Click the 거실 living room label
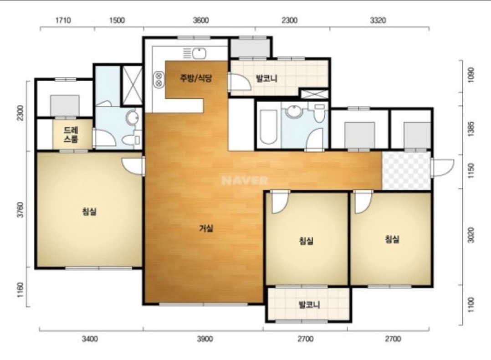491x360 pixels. (x=206, y=228)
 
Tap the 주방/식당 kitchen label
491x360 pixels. (x=196, y=77)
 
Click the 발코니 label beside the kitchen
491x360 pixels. (x=266, y=78)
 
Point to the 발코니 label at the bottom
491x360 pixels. (x=309, y=304)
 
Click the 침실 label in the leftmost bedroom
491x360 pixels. (x=89, y=211)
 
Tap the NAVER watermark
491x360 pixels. (x=245, y=180)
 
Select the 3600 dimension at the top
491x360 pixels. (x=201, y=21)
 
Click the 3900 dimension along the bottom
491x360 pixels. (x=205, y=339)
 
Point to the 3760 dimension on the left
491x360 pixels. (x=20, y=210)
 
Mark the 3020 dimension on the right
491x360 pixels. (x=471, y=235)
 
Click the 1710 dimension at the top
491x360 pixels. (x=63, y=21)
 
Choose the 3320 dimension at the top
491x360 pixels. (x=378, y=21)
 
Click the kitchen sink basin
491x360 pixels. (x=199, y=53)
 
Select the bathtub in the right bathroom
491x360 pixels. (x=269, y=127)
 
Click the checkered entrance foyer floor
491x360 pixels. (x=406, y=171)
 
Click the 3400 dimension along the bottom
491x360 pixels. (x=90, y=339)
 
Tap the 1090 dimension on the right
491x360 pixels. (x=471, y=75)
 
